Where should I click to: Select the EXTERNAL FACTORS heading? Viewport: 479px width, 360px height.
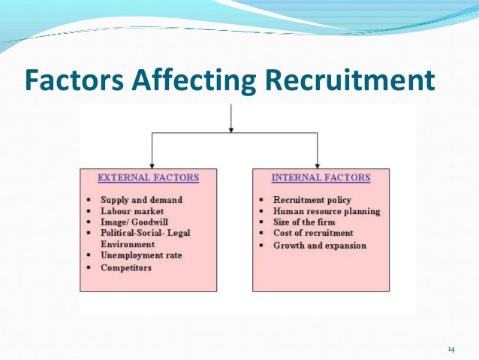(x=149, y=178)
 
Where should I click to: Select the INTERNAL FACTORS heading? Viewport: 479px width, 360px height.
(x=321, y=178)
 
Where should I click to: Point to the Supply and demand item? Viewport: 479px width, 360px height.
(x=141, y=200)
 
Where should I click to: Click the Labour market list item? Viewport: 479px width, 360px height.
(x=134, y=211)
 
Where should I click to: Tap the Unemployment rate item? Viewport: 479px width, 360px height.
(x=141, y=256)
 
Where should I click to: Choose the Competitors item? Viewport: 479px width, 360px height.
(x=126, y=267)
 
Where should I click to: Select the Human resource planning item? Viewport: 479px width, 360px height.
(x=327, y=211)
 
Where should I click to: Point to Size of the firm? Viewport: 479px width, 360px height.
(x=304, y=222)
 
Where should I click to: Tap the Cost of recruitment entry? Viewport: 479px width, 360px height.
(x=313, y=234)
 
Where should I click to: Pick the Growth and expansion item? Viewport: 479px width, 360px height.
(x=320, y=245)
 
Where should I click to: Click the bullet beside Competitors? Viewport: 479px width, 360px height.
(x=89, y=267)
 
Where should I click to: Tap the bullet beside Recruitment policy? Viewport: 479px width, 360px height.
(x=261, y=201)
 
